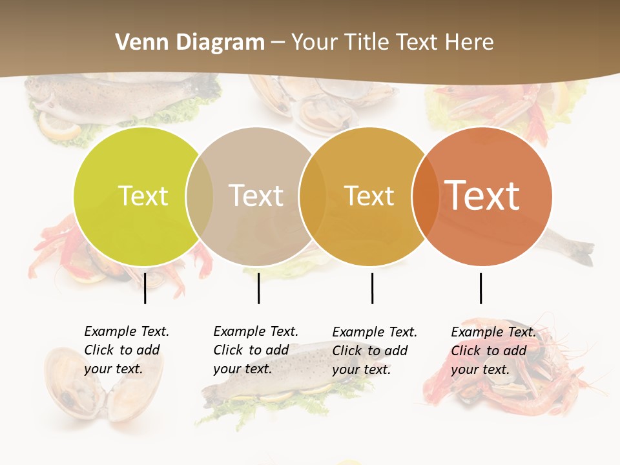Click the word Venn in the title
click(136, 43)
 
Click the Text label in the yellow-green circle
click(143, 196)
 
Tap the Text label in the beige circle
click(256, 196)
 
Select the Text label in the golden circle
click(369, 196)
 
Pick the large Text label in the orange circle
click(482, 195)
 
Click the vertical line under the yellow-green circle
click(145, 288)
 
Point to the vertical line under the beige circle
click(258, 288)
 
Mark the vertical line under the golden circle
click(372, 288)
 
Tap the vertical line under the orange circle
click(480, 288)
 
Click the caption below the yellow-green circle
click(126, 350)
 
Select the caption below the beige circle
click(255, 350)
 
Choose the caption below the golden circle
click(374, 351)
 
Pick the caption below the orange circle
click(493, 351)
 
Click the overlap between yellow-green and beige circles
click(199, 196)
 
